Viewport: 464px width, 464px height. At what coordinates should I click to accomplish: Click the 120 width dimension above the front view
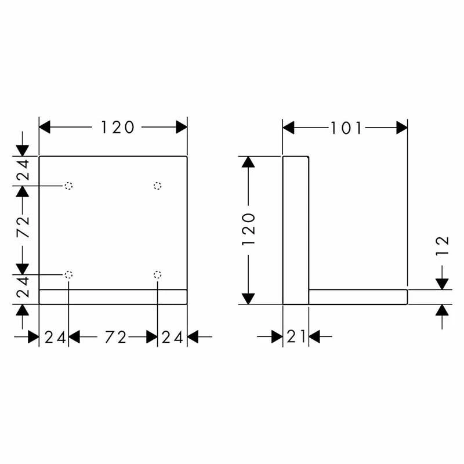coord(118,127)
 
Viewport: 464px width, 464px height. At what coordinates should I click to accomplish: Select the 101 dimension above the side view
coord(346,128)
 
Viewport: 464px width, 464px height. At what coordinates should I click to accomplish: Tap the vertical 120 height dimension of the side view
coord(248,229)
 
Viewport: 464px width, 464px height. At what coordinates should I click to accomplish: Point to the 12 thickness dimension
coord(443,245)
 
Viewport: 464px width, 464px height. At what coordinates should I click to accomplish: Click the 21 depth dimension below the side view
coord(296,337)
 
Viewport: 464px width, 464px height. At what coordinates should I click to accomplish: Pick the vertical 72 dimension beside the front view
coord(23,227)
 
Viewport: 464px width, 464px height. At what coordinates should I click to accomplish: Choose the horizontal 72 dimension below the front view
coord(115,338)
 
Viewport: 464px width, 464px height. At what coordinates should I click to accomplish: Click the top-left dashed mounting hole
coord(68,186)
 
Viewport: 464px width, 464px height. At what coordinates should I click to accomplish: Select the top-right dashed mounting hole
coord(157,186)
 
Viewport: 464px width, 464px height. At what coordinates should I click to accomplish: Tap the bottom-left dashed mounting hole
coord(68,274)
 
